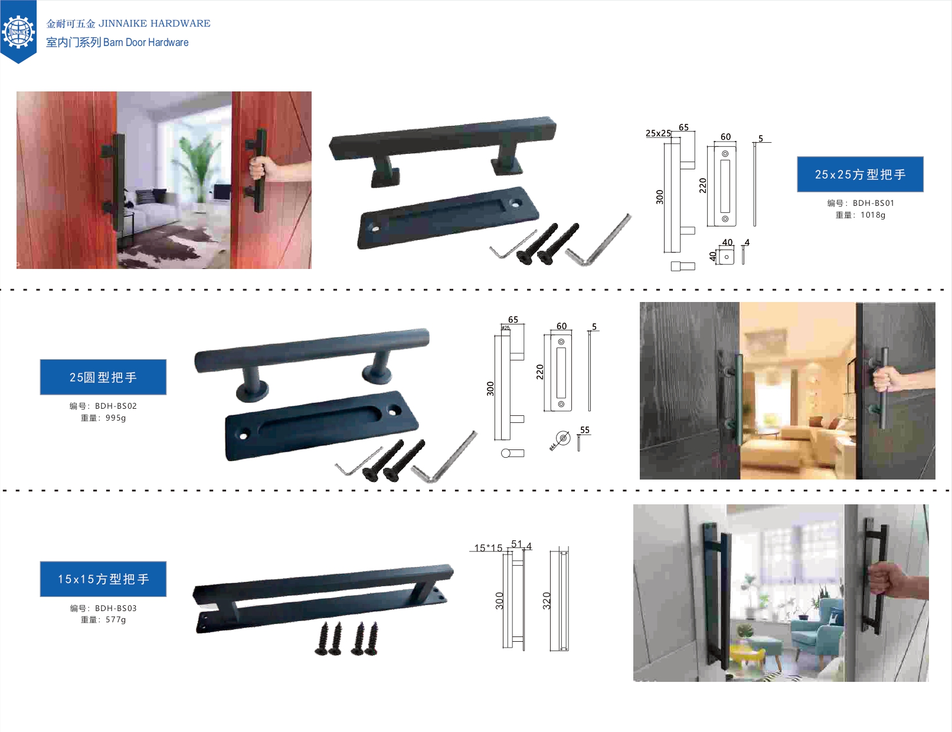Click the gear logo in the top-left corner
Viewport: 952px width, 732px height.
point(18,31)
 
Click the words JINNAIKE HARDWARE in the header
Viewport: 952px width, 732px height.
point(154,24)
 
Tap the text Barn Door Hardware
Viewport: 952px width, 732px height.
point(146,42)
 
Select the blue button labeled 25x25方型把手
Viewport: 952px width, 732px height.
point(860,175)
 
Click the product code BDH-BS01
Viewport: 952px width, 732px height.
point(873,203)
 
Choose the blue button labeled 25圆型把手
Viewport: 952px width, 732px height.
point(103,377)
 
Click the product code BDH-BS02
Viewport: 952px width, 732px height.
point(116,406)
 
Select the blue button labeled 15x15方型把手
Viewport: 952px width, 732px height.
point(103,579)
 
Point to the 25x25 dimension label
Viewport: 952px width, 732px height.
point(657,133)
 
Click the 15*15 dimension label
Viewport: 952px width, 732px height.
point(488,548)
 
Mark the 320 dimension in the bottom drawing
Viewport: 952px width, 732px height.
point(547,600)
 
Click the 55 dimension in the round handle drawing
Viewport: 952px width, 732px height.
point(584,430)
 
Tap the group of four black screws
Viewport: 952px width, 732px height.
point(346,639)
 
